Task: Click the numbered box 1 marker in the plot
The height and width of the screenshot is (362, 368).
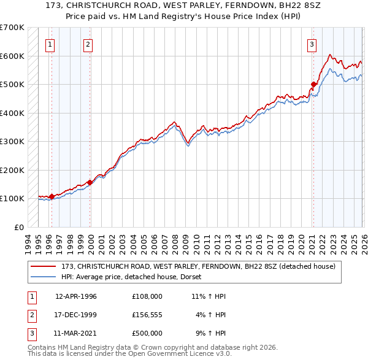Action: coord(49,44)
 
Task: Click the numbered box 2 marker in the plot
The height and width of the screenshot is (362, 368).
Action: coord(88,44)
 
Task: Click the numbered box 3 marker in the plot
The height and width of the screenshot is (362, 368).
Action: coord(312,44)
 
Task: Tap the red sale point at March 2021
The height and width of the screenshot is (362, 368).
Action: coord(313,85)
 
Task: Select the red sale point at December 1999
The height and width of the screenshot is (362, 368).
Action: coord(90,182)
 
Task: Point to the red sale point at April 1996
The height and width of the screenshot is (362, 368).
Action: coord(52,196)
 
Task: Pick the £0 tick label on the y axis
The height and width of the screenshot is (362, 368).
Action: coord(19,227)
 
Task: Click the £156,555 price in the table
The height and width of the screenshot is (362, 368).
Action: coord(147,315)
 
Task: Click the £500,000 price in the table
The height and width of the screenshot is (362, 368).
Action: coord(147,333)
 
